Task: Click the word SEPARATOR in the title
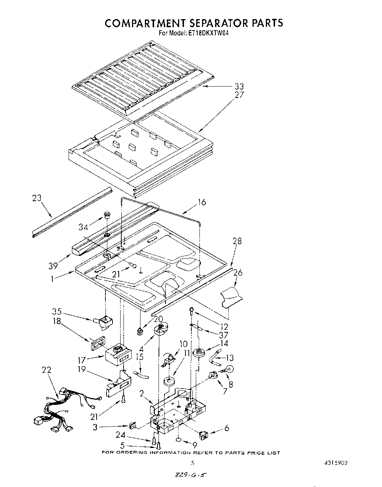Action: point(207,23)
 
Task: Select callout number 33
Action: point(239,87)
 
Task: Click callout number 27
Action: point(239,95)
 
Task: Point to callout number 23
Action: point(37,198)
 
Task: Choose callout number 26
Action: point(238,273)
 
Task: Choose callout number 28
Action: point(237,241)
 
